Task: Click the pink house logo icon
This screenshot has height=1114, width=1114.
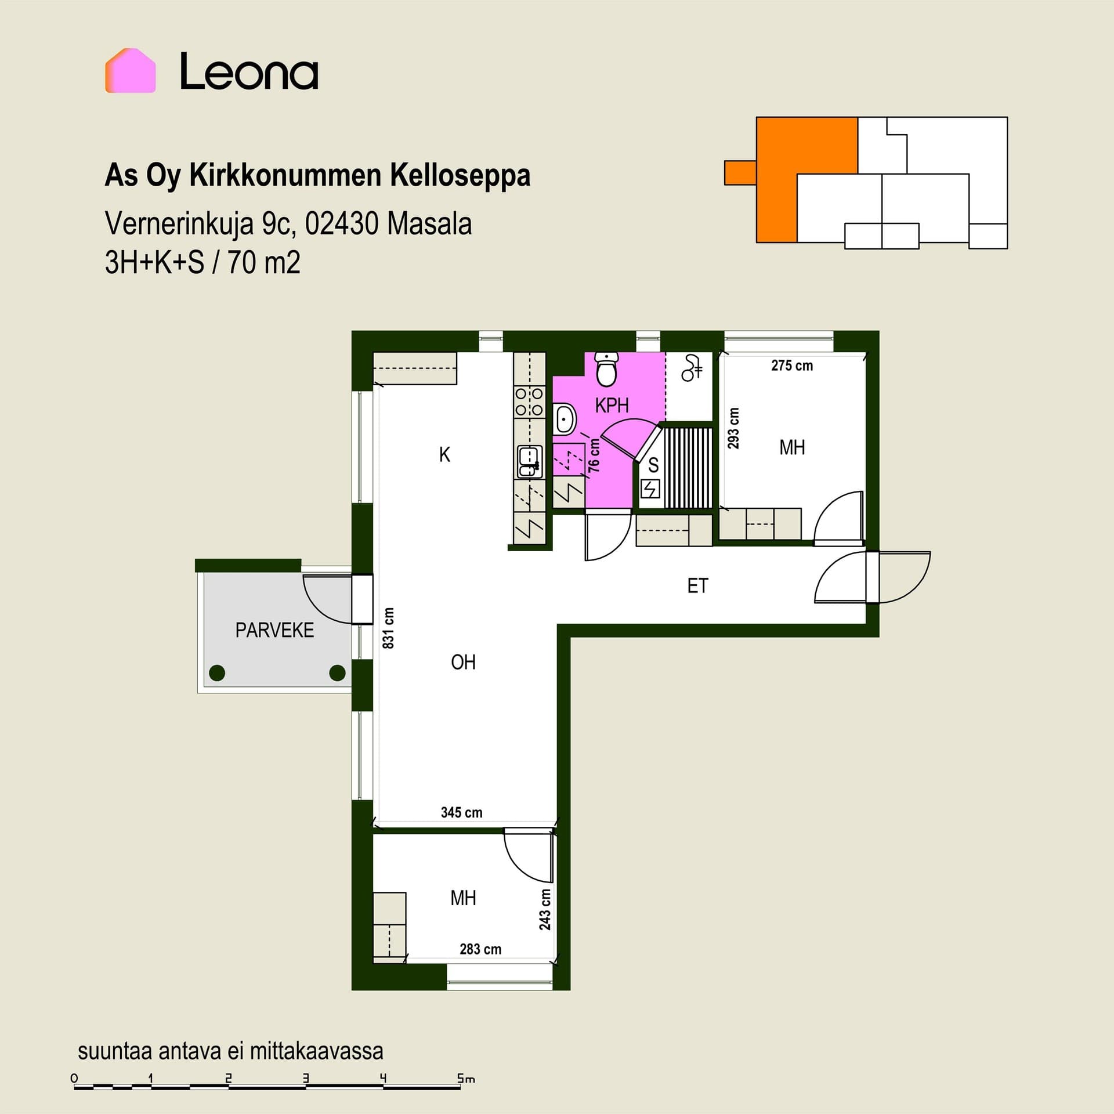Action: tap(130, 70)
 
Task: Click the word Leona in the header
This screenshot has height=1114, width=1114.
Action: tap(249, 71)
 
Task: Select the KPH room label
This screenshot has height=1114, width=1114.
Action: tap(612, 405)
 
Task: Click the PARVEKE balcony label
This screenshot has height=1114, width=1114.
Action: tap(274, 630)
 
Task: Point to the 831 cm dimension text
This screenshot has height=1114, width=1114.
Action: tap(388, 628)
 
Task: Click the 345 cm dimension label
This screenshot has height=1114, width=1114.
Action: tap(461, 812)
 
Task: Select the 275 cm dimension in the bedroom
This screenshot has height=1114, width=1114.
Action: tap(792, 366)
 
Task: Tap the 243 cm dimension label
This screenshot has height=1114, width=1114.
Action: tap(545, 909)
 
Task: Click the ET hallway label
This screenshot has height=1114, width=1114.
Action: tap(697, 586)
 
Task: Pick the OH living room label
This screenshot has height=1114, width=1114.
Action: tap(463, 662)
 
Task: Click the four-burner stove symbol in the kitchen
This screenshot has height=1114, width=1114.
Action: tap(529, 402)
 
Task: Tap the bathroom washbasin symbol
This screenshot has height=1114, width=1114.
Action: tap(565, 418)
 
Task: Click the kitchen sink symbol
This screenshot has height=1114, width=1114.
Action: tap(529, 461)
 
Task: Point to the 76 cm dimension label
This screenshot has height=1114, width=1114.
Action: tap(594, 455)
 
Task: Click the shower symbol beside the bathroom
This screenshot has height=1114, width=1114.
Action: tap(691, 368)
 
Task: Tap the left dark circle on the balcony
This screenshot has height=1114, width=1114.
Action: tap(217, 673)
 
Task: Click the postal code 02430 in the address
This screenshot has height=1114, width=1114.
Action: tap(342, 223)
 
